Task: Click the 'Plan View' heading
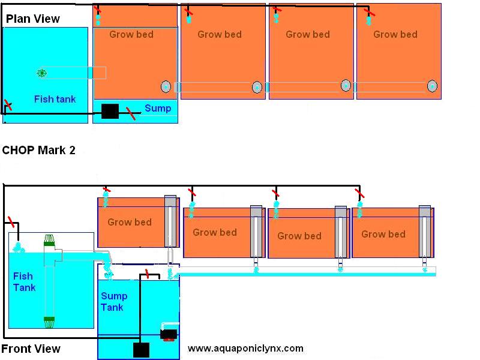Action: click(x=33, y=19)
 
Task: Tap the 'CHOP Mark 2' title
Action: click(x=38, y=151)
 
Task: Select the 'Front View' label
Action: click(x=31, y=349)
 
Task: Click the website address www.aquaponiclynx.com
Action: click(x=245, y=349)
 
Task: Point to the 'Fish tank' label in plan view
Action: click(x=55, y=99)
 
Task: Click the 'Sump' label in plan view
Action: click(x=158, y=108)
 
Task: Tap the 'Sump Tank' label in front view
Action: click(x=114, y=302)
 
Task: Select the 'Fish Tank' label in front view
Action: click(x=24, y=282)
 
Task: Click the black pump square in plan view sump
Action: click(x=110, y=111)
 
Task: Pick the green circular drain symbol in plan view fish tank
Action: click(x=41, y=73)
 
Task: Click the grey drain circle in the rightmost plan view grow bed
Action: click(x=432, y=86)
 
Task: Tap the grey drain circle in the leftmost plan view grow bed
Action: click(x=166, y=87)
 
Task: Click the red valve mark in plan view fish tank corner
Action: click(x=8, y=105)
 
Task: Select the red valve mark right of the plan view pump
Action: click(x=131, y=113)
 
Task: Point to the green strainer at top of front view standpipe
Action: click(x=49, y=241)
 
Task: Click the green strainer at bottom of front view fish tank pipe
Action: click(x=49, y=322)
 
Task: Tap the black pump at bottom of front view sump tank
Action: click(x=141, y=350)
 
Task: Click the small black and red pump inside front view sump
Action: click(x=169, y=334)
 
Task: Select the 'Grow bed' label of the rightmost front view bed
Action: click(x=383, y=234)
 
